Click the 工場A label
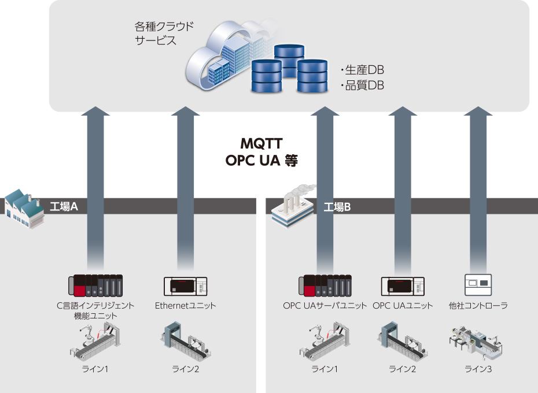[x=64, y=206]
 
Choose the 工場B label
[x=337, y=206]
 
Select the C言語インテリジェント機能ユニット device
[x=95, y=284]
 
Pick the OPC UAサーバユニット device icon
[x=325, y=285]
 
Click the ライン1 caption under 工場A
[x=95, y=369]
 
